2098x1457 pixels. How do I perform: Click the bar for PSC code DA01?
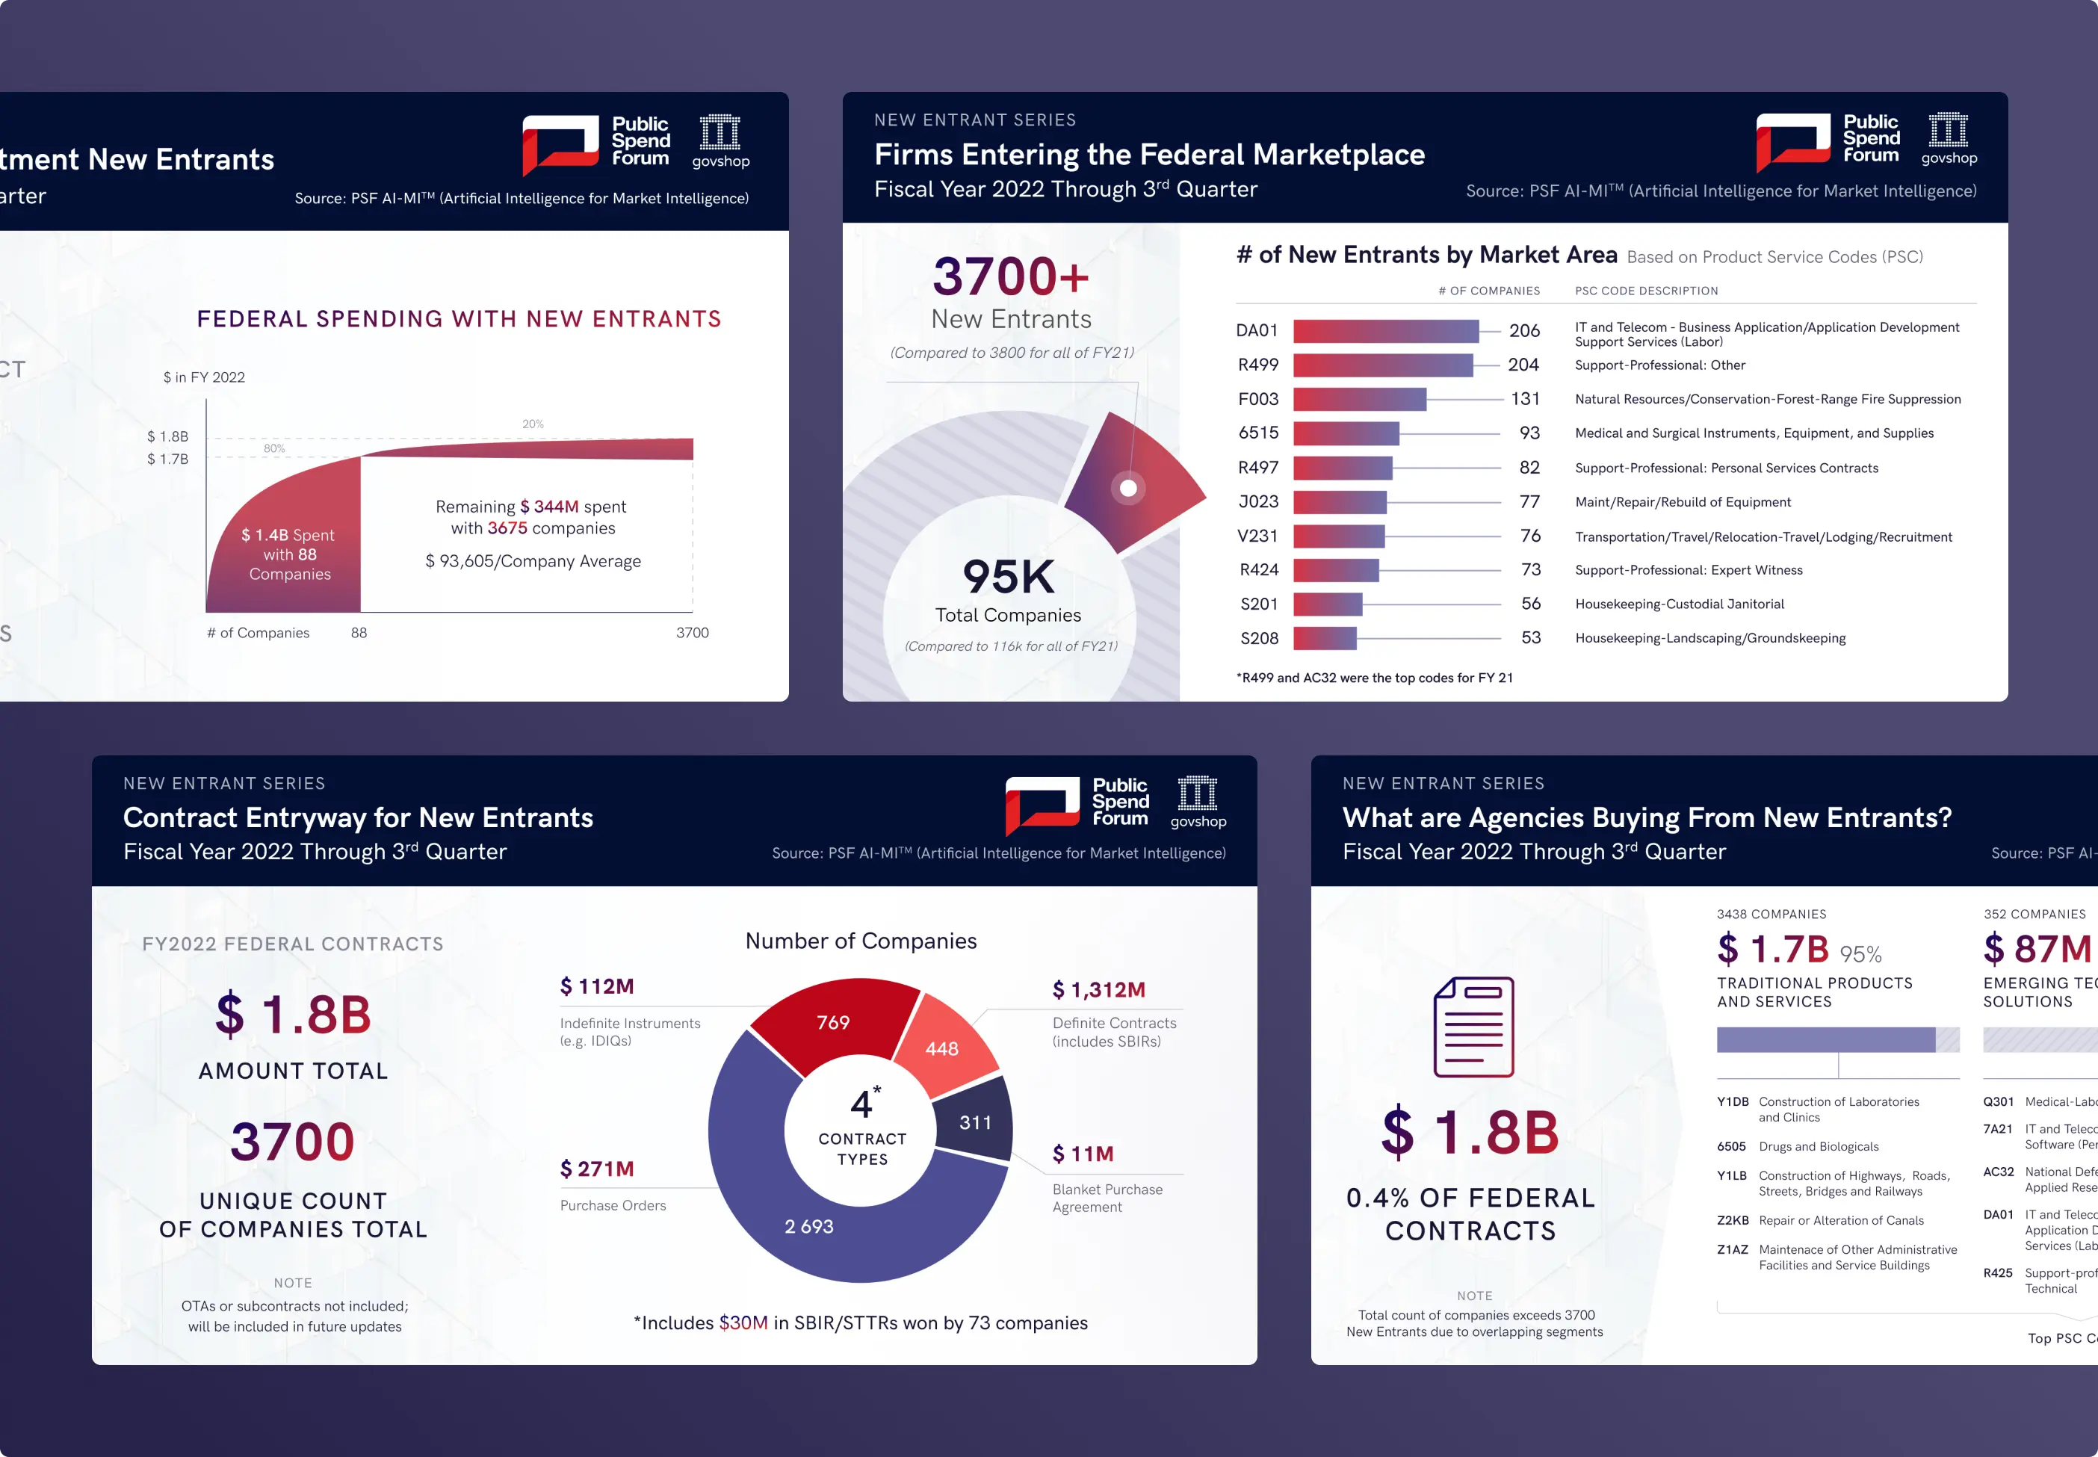[x=1385, y=330]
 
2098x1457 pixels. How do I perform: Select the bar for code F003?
[x=1358, y=399]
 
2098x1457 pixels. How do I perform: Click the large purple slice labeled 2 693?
[x=809, y=1226]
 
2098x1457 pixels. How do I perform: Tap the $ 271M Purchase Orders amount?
[x=596, y=1169]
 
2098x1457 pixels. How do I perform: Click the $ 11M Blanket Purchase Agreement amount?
[x=1083, y=1154]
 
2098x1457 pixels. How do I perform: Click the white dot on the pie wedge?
[x=1128, y=489]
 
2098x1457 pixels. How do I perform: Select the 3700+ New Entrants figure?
[x=1011, y=276]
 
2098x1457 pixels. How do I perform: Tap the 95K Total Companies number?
[x=1008, y=577]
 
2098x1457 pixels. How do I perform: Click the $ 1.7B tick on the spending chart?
[x=168, y=460]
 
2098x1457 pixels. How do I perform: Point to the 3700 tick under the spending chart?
[x=692, y=633]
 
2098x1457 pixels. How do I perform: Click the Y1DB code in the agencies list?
[x=1732, y=1102]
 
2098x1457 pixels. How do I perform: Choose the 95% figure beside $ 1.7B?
[x=1860, y=954]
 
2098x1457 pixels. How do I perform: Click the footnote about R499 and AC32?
[x=1374, y=678]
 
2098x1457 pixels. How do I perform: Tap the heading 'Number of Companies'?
[x=860, y=941]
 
